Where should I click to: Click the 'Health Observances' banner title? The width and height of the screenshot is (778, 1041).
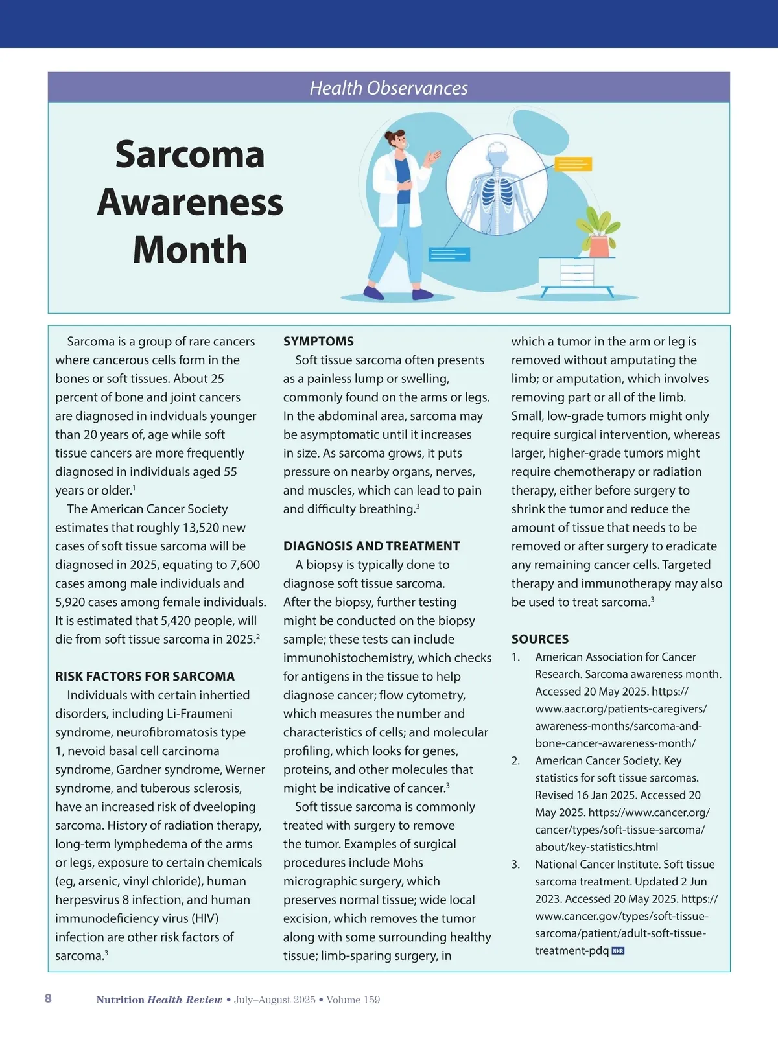pos(388,88)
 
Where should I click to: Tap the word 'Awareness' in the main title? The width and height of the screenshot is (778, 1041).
pos(190,202)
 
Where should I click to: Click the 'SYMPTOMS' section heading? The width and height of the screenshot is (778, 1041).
pos(318,342)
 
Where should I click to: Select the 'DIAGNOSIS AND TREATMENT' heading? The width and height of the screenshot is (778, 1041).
pos(371,546)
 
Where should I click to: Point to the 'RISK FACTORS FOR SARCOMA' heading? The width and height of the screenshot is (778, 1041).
pos(145,677)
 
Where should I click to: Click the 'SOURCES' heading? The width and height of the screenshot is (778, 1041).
pos(539,639)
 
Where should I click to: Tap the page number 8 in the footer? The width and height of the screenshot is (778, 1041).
pos(48,999)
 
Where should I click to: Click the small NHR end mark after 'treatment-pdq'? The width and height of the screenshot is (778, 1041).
pos(618,952)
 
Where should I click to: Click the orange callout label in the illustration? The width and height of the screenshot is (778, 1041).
pos(573,163)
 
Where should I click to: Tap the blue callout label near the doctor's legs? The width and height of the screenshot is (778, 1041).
pos(449,254)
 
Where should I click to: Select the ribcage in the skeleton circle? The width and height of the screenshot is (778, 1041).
pos(500,192)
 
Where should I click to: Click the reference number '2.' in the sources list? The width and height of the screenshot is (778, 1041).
pos(515,761)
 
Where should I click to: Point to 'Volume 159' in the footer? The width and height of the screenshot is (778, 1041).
pos(353,1000)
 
